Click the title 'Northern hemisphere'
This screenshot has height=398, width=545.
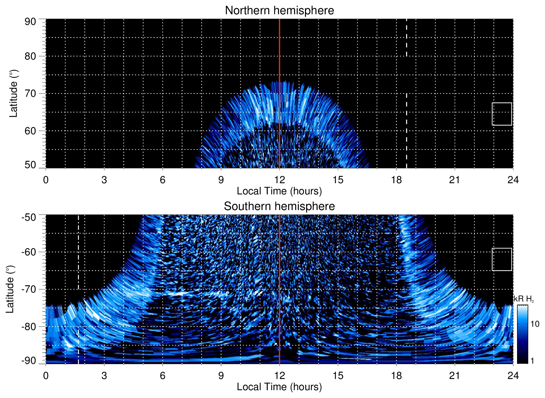coord(279,11)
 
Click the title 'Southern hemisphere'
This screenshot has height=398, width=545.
coord(279,206)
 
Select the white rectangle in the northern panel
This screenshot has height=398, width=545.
coord(502,114)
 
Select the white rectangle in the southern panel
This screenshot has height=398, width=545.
coord(502,259)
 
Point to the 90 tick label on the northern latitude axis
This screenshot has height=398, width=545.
coord(30,22)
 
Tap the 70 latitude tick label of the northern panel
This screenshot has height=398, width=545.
coord(30,93)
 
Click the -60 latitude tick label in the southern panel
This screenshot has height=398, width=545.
coord(29,252)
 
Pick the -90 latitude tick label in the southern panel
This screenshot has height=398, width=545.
coord(29,361)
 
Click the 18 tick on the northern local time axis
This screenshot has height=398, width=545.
coord(396,180)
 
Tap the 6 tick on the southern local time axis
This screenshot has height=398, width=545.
coord(162,376)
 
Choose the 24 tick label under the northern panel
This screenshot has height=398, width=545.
coord(513,180)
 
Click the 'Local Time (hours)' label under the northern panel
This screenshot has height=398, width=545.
coord(279,191)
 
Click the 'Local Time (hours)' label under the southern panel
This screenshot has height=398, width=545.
coord(279,387)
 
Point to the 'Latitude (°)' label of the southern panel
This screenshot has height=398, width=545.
coord(10,289)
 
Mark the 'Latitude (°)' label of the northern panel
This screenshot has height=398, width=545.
coord(13,93)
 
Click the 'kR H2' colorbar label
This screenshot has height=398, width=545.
coord(523,299)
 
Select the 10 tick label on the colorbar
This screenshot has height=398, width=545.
coord(535,324)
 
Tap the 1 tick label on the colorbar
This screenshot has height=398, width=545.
coord(532,361)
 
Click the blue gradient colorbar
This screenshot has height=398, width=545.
coord(522,334)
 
